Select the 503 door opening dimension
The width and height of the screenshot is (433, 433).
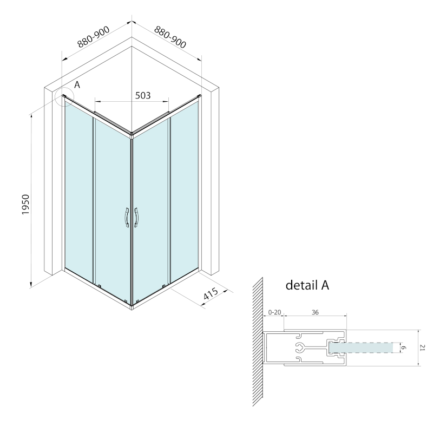[142, 95]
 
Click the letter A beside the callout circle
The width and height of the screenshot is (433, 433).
[77, 85]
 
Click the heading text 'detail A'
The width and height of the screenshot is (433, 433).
[307, 285]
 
